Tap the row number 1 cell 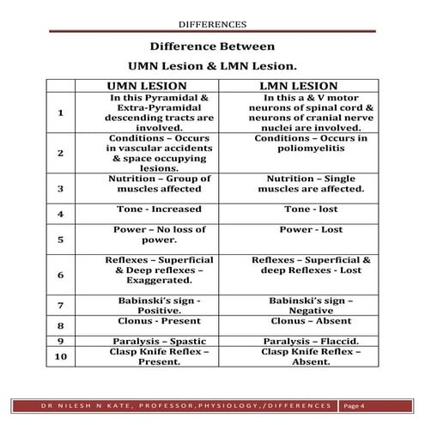[x=60, y=112]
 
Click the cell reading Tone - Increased [x=159, y=209]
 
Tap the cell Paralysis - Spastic [x=159, y=341]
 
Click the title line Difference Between [x=212, y=46]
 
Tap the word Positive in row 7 [x=159, y=310]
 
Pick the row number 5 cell [x=60, y=240]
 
